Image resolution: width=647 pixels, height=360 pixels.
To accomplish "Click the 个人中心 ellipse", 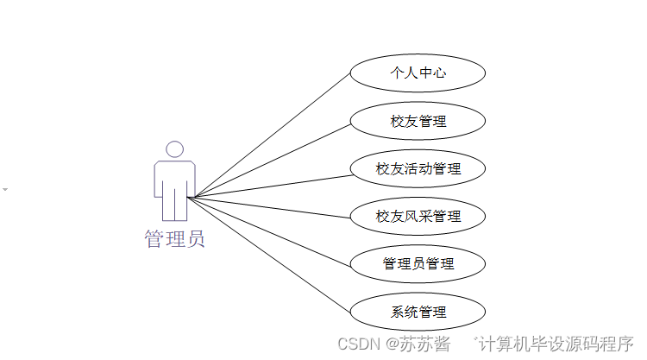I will (x=418, y=73).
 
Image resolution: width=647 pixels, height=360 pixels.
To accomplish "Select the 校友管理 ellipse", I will (x=418, y=121).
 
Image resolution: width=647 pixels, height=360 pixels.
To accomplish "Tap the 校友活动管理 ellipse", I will (x=418, y=168).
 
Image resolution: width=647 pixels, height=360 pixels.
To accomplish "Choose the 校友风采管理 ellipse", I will (x=418, y=216).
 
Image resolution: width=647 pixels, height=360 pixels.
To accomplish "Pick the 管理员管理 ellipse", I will (x=418, y=263).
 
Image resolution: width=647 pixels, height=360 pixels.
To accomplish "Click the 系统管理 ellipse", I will (x=418, y=311).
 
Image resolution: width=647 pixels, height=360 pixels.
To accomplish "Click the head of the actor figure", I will (x=174, y=149).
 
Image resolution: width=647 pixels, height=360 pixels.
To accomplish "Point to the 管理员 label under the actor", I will (x=174, y=239).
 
